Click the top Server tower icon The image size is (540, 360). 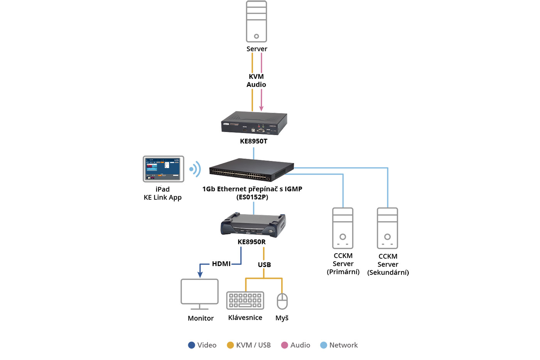click(256, 22)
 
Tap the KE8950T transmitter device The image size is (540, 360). click(254, 123)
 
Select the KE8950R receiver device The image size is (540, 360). click(253, 224)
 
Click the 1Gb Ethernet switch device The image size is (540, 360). click(251, 170)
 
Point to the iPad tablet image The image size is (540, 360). click(164, 169)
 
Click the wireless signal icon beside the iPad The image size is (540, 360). click(195, 169)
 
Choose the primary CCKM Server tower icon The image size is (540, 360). click(343, 228)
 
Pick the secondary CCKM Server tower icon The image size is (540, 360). click(388, 228)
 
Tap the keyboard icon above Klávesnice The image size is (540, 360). click(245, 300)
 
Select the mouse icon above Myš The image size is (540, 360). click(282, 301)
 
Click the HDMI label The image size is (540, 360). click(221, 264)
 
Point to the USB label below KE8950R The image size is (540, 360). click(264, 265)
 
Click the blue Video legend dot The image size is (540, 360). click(192, 345)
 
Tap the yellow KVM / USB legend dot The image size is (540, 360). click(230, 345)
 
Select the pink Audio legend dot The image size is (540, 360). click(285, 345)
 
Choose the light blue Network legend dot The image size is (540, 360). click(324, 345)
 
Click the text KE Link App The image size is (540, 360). click(162, 197)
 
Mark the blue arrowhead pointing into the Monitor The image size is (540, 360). click(200, 274)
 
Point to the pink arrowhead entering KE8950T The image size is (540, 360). click(262, 109)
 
